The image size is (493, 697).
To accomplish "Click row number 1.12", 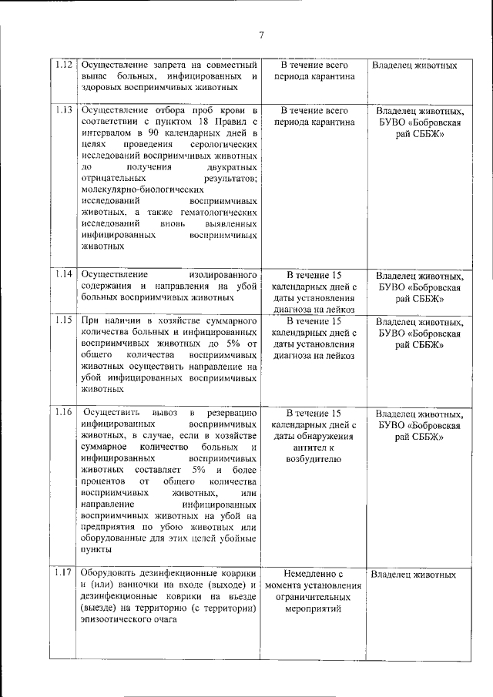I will [65, 65].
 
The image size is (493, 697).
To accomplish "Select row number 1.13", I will [65, 109].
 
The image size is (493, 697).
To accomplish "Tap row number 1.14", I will [65, 274].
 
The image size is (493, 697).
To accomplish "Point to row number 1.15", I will [65, 319].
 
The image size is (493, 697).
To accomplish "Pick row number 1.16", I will [65, 413].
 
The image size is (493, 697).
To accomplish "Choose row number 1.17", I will [65, 573].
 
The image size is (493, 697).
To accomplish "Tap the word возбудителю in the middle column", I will [312, 463].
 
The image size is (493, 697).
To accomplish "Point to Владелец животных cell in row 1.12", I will [414, 65].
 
